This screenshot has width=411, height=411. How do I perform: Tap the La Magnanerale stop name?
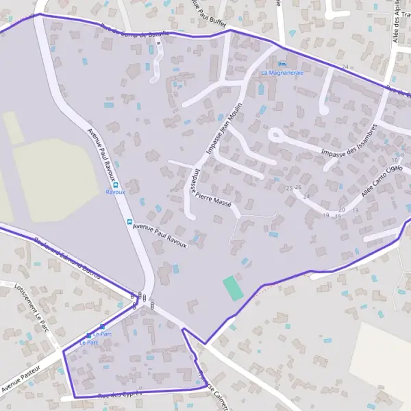(x=282, y=72)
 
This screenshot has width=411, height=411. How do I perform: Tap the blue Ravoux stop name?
(x=115, y=192)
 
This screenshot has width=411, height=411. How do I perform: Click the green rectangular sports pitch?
(x=233, y=287)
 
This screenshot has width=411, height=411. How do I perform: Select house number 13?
(x=356, y=210)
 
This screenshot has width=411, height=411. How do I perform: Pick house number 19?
(x=326, y=215)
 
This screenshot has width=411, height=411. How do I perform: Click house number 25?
(x=289, y=188)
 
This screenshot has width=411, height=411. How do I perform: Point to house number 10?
(x=395, y=160)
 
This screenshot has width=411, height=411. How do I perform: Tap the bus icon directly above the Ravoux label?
(x=115, y=184)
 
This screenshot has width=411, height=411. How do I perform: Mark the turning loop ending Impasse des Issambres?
(x=275, y=135)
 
